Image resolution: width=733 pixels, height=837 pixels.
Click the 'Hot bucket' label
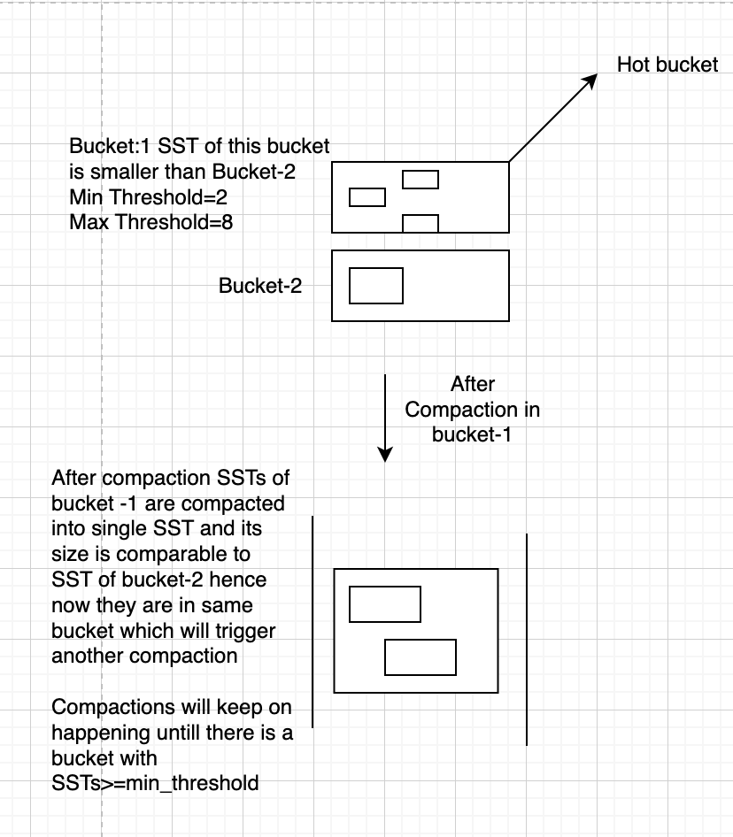[667, 65]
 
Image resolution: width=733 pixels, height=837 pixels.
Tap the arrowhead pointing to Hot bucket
[590, 81]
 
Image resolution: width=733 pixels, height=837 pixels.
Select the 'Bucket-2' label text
[260, 286]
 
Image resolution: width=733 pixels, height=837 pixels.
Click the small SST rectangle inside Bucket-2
[376, 286]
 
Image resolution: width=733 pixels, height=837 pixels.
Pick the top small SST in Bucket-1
[421, 179]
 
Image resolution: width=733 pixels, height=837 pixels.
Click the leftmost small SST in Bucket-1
[367, 196]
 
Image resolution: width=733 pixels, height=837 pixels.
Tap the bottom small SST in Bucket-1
[421, 223]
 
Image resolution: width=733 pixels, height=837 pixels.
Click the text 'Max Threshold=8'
[151, 221]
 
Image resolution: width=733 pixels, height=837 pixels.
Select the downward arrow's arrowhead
[385, 453]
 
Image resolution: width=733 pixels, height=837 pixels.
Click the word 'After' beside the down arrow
[473, 385]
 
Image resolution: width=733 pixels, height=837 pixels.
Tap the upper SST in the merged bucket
[385, 604]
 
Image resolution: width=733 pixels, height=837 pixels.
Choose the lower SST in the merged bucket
[421, 657]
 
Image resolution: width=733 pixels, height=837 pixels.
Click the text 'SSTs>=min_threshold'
[155, 783]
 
